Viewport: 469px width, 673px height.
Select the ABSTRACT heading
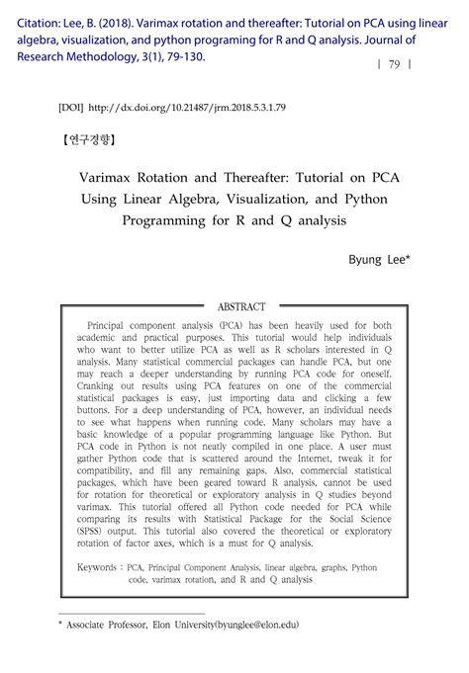click(241, 307)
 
